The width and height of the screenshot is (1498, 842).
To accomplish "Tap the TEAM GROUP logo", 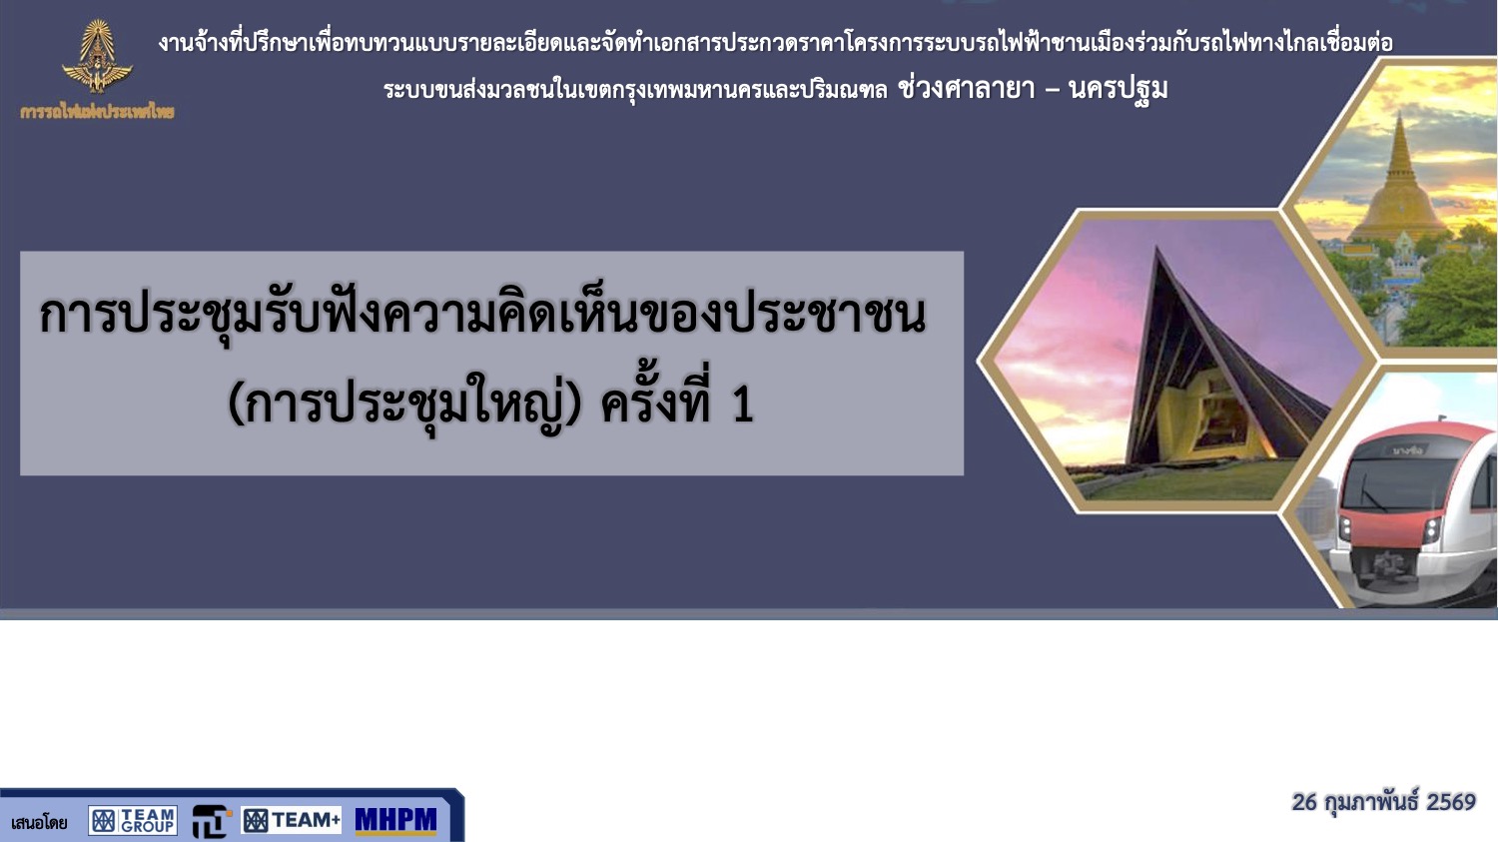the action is pos(133,820).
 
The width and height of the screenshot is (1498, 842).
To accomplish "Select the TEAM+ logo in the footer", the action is pos(292,820).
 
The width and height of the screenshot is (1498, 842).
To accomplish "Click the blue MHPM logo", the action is pos(395,820).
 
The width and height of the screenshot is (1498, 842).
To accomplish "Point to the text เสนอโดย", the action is pos(40,823).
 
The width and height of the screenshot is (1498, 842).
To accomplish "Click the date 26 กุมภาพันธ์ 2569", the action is pos(1383,802).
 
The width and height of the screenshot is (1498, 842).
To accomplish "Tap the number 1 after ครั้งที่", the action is pos(743,405).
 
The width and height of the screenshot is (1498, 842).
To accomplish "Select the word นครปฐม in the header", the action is pos(1119,89).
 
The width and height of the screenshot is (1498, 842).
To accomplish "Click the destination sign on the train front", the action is pos(1408,450).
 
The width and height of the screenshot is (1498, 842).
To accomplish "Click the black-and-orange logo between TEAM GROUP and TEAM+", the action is pos(212,821).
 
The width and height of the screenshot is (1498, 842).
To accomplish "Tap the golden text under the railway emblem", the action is pos(97,112).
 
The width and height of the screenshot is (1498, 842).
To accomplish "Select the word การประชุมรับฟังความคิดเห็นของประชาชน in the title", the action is pos(482,314).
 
